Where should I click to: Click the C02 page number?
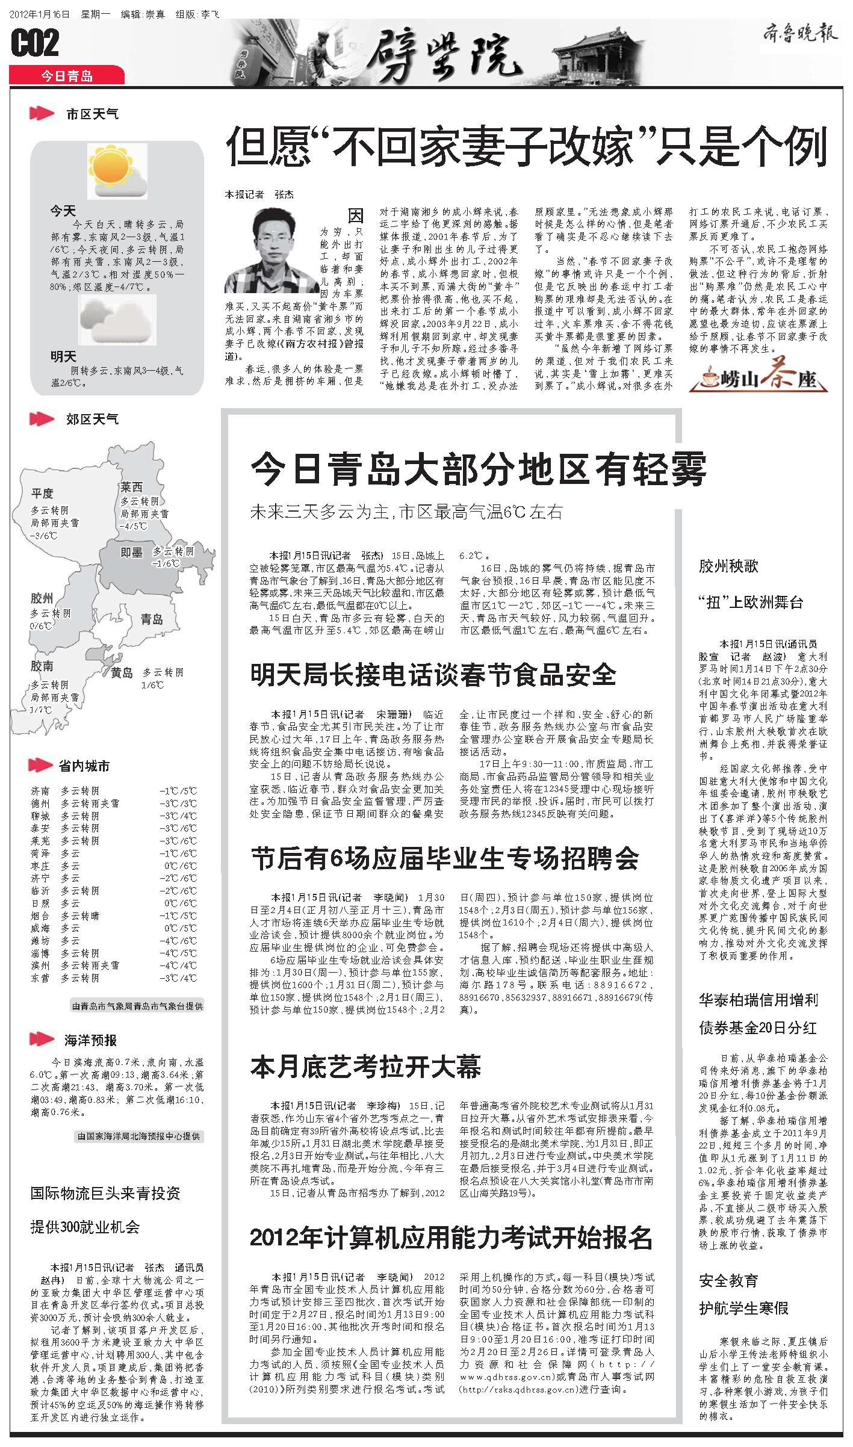pyautogui.click(x=35, y=43)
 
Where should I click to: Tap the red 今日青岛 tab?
pyautogui.click(x=67, y=76)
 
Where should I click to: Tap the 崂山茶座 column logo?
pyautogui.click(x=758, y=379)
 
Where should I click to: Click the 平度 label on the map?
pyautogui.click(x=43, y=494)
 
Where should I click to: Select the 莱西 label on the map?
pyautogui.click(x=131, y=487)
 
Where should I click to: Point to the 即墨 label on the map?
pyautogui.click(x=131, y=552)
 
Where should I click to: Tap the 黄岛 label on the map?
pyautogui.click(x=122, y=673)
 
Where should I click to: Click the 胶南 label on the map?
pyautogui.click(x=42, y=666)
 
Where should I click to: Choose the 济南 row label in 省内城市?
pyautogui.click(x=40, y=791)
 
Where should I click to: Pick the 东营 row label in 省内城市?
pyautogui.click(x=40, y=978)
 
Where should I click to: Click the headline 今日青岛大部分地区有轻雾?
pyautogui.click(x=478, y=469)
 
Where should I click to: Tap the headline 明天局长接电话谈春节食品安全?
pyautogui.click(x=433, y=675)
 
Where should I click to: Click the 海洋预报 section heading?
pyautogui.click(x=90, y=1040)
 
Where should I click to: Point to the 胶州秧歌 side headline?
pyautogui.click(x=728, y=566)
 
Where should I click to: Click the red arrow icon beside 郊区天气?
pyautogui.click(x=42, y=419)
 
